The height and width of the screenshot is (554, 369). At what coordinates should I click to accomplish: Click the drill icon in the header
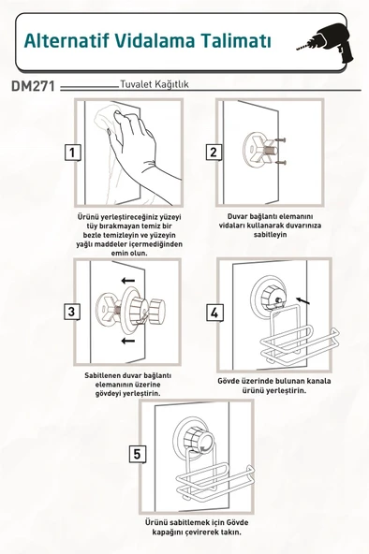click(x=325, y=43)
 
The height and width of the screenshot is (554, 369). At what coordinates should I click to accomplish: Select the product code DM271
click(x=33, y=86)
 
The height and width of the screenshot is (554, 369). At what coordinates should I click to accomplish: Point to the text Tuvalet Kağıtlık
click(x=155, y=84)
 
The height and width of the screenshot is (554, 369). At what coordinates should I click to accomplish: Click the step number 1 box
click(x=72, y=153)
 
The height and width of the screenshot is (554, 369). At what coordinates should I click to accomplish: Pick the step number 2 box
click(x=214, y=153)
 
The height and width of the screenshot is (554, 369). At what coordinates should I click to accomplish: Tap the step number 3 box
click(x=72, y=312)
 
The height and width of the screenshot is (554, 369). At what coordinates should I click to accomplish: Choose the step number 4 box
click(x=214, y=313)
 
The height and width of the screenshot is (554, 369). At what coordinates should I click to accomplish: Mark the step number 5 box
click(x=137, y=454)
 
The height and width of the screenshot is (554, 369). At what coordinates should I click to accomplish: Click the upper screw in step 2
click(x=280, y=140)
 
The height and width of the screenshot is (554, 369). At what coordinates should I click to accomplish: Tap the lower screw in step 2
click(x=280, y=163)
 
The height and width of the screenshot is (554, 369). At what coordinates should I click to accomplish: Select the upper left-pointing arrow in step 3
click(x=128, y=281)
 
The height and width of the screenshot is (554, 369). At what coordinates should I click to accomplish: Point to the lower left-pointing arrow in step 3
click(x=128, y=341)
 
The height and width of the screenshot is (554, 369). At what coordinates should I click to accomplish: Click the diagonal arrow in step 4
click(x=303, y=300)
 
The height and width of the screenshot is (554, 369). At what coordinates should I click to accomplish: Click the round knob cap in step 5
click(x=199, y=441)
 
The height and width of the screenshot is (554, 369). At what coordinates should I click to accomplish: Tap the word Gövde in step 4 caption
click(x=229, y=381)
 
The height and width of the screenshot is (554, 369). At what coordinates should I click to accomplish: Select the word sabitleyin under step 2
click(x=271, y=235)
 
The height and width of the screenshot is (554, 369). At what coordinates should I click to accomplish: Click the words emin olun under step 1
click(x=129, y=254)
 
